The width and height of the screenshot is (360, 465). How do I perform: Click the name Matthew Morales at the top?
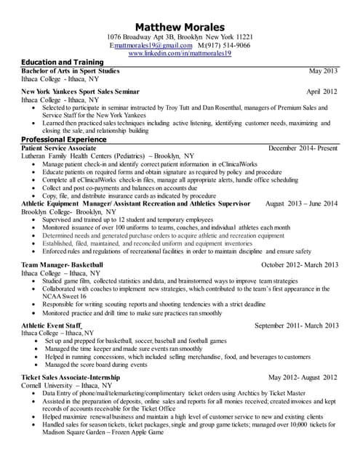pyautogui.click(x=180, y=27)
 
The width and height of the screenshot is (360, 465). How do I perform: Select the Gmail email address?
pyautogui.click(x=154, y=45)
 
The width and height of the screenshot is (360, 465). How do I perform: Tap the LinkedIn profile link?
pyautogui.click(x=180, y=54)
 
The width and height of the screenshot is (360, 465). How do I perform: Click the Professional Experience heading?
pyautogui.click(x=64, y=139)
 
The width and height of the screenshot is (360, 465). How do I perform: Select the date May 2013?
pyautogui.click(x=323, y=71)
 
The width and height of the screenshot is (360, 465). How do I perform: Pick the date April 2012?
pyautogui.click(x=321, y=92)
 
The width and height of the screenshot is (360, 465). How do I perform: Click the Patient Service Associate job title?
pyautogui.click(x=65, y=147)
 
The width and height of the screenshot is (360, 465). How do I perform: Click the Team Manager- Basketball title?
pyautogui.click(x=63, y=264)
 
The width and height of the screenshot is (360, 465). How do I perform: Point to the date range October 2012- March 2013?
pyautogui.click(x=299, y=264)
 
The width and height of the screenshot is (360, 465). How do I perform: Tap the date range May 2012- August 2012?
pyautogui.click(x=303, y=378)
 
